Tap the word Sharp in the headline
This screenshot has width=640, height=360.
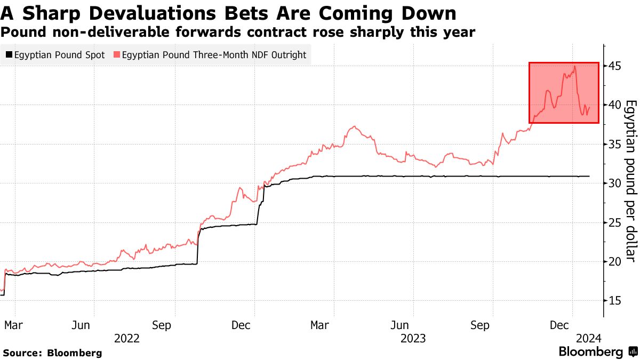point(39,13)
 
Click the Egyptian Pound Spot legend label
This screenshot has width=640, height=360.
point(59,55)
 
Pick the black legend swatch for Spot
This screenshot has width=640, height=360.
point(9,55)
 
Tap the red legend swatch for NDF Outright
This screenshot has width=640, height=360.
point(117,55)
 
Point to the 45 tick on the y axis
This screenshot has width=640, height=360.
point(615,66)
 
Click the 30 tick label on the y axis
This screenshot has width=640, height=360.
point(615,183)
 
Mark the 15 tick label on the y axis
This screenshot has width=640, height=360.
point(615,300)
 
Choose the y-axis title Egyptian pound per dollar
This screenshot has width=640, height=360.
point(630,181)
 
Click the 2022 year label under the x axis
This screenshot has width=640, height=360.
point(126,338)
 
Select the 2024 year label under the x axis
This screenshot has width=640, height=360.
point(588,338)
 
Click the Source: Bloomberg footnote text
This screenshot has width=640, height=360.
point(52,353)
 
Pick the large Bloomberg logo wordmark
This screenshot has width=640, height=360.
point(590,352)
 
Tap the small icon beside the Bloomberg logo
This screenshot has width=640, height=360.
point(633,352)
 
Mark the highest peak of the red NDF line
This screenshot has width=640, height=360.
point(574,67)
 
